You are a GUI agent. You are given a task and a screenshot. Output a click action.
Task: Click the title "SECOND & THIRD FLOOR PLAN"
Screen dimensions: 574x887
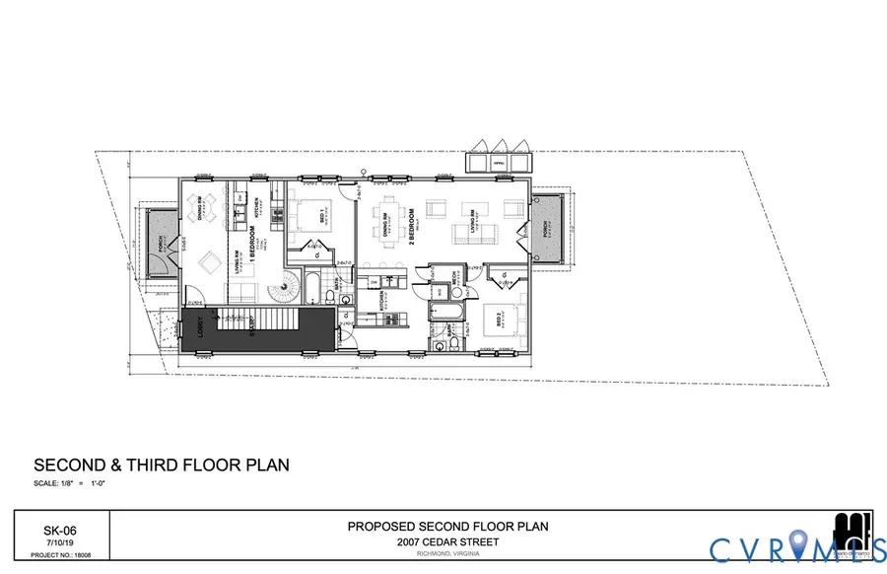click(x=162, y=465)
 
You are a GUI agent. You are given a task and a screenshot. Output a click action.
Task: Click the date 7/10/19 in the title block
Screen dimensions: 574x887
click(x=59, y=542)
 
